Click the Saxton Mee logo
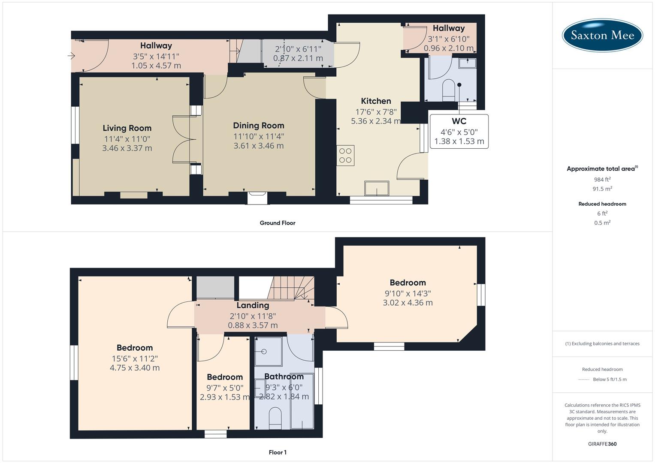coord(602,35)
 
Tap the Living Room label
coord(127,128)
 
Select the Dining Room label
coord(258,126)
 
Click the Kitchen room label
coord(376,101)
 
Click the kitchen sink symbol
coord(376,188)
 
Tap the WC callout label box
coord(459,132)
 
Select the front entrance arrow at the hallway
coord(71,56)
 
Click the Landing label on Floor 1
coord(253,305)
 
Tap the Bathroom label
coord(284,376)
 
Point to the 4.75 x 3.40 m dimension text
coord(135,368)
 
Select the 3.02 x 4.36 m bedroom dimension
coord(407,303)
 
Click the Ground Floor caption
coord(278,223)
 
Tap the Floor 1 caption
coord(278,452)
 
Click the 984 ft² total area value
coord(602,180)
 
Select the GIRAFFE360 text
coord(602,444)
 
